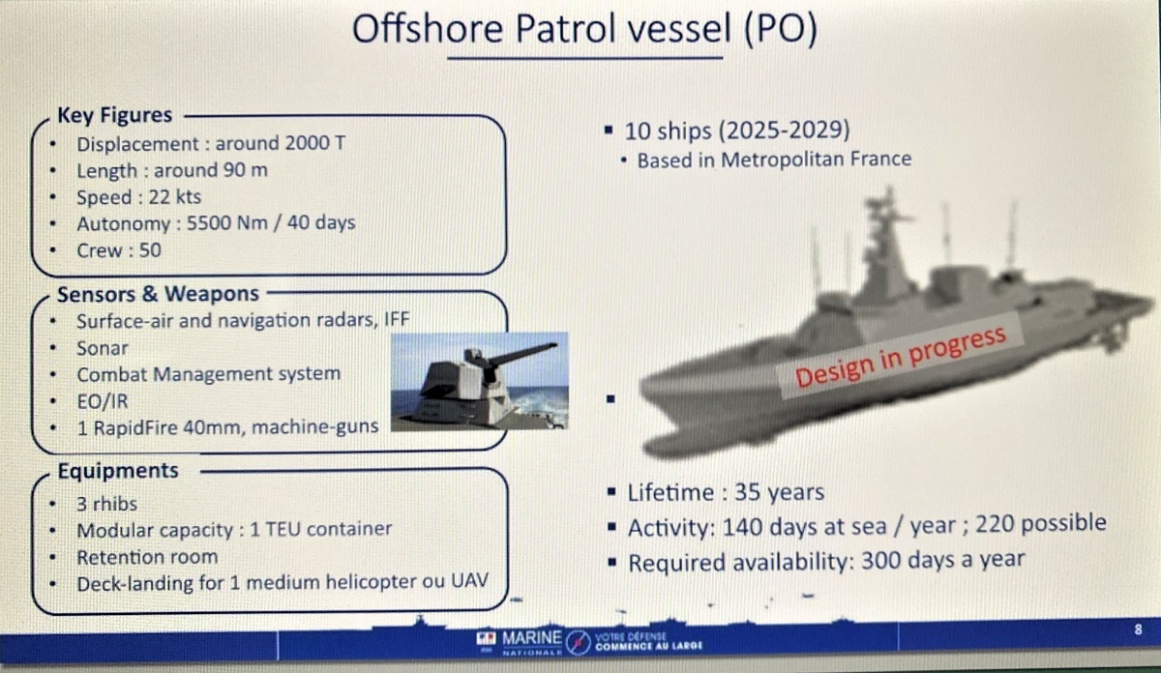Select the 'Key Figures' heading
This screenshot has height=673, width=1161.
(x=114, y=115)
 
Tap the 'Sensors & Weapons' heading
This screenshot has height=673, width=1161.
(x=158, y=294)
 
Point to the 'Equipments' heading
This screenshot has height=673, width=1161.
(x=118, y=471)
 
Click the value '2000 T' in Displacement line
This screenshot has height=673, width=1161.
(x=315, y=143)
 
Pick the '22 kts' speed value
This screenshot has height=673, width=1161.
(x=175, y=197)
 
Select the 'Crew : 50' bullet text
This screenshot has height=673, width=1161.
(x=119, y=250)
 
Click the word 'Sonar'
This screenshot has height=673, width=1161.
(x=103, y=348)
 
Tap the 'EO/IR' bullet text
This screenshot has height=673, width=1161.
(x=103, y=401)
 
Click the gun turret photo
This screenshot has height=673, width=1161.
(x=480, y=381)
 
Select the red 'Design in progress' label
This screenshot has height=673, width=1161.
(x=901, y=358)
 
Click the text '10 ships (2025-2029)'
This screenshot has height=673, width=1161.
(x=737, y=131)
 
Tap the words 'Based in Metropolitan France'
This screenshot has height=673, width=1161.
(x=774, y=160)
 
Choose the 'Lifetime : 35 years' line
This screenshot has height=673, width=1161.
(x=726, y=492)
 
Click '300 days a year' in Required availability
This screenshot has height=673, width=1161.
(x=942, y=560)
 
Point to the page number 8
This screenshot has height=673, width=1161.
(x=1138, y=629)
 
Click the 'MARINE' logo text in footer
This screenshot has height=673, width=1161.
(x=532, y=638)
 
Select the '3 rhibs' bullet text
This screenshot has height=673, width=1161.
(x=107, y=504)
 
